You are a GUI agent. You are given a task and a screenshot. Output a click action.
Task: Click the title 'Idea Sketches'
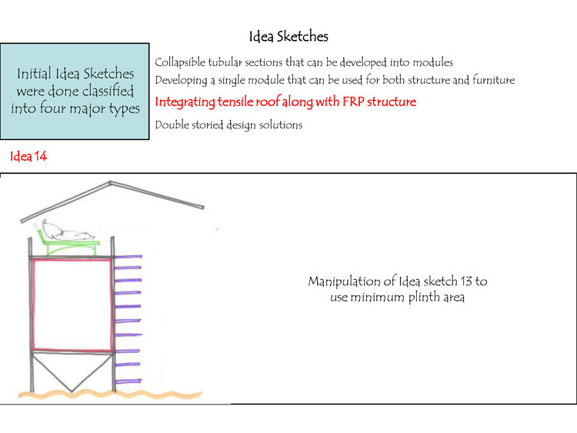pos(288,36)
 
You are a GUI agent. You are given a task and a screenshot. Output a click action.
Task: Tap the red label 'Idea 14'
pos(28,157)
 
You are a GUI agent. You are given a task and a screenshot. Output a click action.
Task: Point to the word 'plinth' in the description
pos(422,297)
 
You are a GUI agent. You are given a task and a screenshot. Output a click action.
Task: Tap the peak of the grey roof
pos(112,183)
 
